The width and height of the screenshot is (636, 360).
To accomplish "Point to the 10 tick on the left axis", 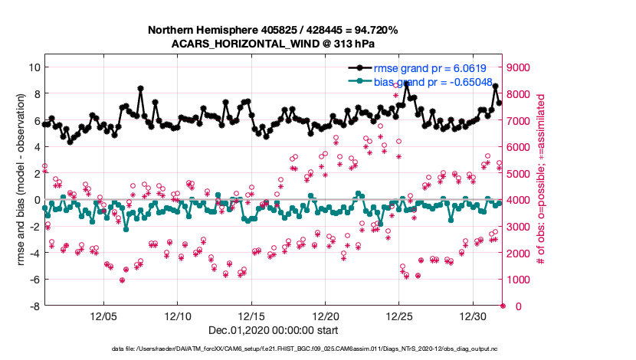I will point(34,67).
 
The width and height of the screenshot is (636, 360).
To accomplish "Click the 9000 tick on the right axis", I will point(518,67).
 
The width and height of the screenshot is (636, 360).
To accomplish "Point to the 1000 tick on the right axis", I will point(518,280).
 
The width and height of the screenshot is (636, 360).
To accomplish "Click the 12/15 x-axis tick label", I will point(251,316).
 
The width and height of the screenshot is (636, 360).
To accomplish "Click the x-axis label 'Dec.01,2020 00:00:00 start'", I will point(273,330).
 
